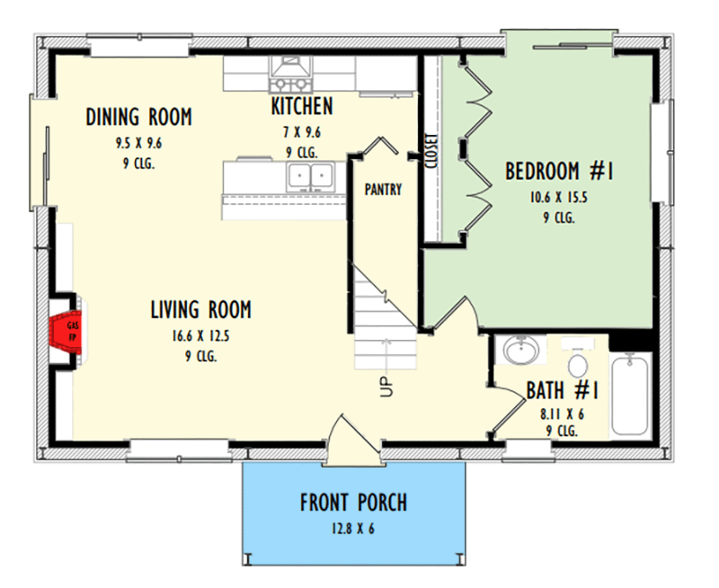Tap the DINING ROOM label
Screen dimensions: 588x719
pyautogui.click(x=139, y=117)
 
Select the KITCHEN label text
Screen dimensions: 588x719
pyautogui.click(x=302, y=107)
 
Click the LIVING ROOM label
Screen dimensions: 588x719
pyautogui.click(x=200, y=310)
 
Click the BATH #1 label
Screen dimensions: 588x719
pyautogui.click(x=562, y=391)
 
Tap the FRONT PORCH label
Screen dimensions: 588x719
pyautogui.click(x=353, y=502)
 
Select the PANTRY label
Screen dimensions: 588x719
pyautogui.click(x=383, y=190)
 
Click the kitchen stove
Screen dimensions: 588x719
pyautogui.click(x=290, y=73)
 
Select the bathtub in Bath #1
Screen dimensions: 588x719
pyautogui.click(x=631, y=393)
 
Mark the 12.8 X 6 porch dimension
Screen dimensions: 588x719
pyautogui.click(x=353, y=529)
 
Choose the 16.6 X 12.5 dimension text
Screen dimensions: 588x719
pyautogui.click(x=200, y=335)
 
